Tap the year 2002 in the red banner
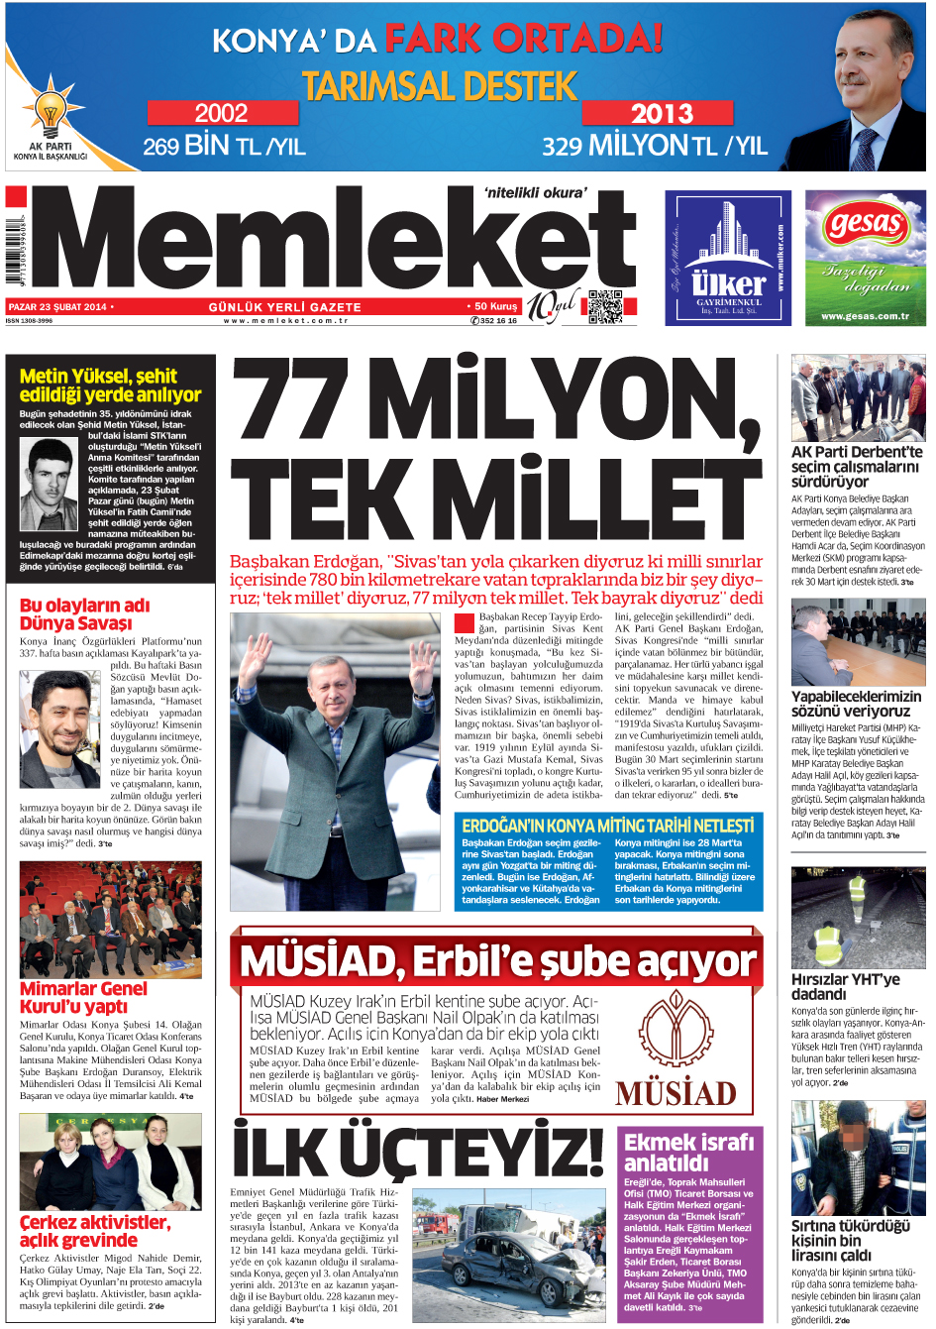221,113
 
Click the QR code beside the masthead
605,307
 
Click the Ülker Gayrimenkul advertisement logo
728,258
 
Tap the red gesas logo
866,224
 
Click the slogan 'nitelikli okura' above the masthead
536,192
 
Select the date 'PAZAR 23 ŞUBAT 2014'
57,307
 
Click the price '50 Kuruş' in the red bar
494,307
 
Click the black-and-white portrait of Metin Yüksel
49,484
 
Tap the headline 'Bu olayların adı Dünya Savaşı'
85,614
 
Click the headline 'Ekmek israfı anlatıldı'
688,1152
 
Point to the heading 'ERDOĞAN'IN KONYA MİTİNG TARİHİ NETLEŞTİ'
607,826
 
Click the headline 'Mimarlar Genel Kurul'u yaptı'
83,997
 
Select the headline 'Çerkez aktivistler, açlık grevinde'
94,1231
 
